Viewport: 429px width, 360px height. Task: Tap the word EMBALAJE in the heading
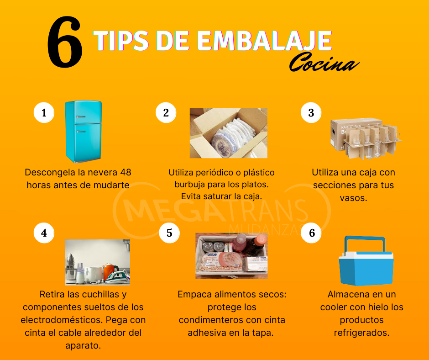264,41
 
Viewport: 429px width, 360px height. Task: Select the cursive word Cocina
324,63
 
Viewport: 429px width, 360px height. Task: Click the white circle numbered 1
44,112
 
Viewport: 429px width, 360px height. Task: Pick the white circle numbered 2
166,112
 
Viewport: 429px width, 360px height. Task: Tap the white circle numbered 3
311,112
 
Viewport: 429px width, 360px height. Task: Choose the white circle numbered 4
44,233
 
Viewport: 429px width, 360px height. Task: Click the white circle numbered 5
169,233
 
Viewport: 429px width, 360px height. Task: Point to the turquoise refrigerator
84,131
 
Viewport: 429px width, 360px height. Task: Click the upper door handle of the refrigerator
81,116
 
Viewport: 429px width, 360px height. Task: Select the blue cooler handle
365,244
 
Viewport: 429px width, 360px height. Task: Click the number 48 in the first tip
126,172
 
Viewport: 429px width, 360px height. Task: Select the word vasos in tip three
353,198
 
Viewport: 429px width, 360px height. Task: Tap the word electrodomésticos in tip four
62,320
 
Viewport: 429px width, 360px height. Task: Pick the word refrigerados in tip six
361,333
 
